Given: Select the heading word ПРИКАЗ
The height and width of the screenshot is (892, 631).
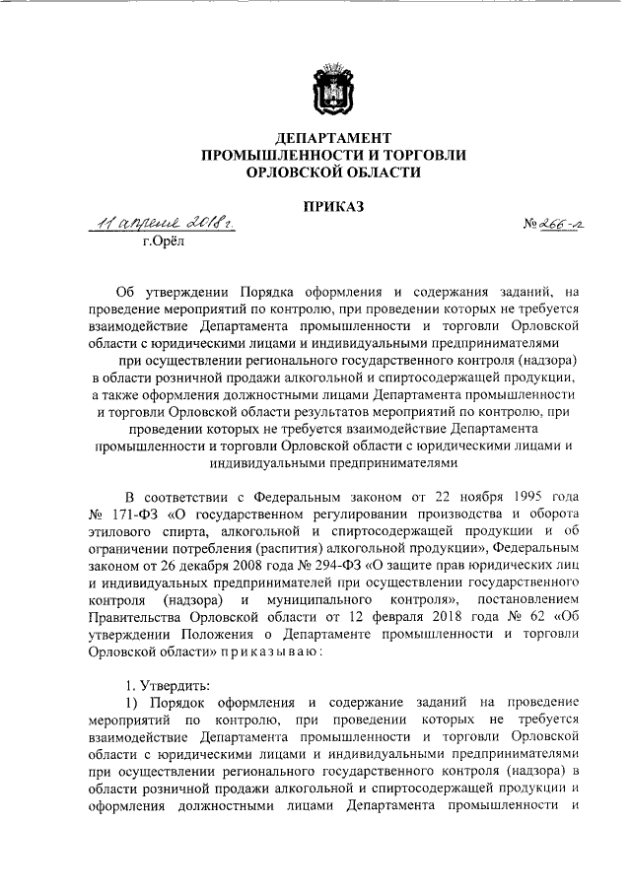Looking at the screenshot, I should [331, 206].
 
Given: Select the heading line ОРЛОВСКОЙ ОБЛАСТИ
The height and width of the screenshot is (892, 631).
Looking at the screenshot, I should [331, 172].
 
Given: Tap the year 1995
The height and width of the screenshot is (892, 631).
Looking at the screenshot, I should [506, 492].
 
